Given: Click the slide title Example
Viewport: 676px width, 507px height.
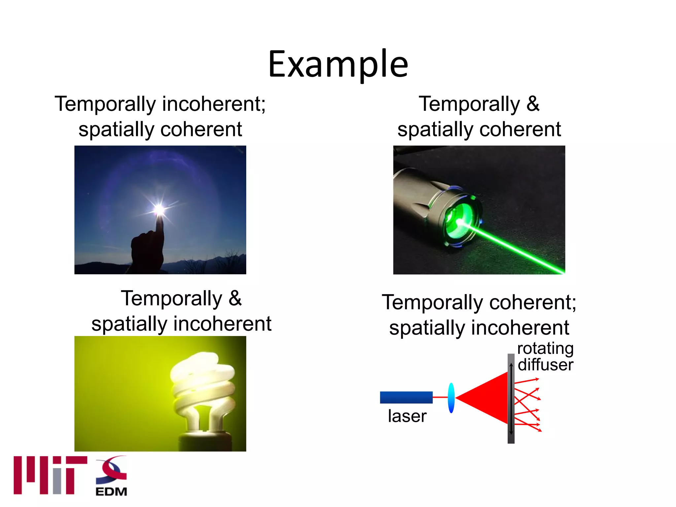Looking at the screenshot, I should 338,64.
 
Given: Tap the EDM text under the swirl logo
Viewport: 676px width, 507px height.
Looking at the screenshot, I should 111,491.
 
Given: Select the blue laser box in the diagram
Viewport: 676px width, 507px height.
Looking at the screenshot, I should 406,397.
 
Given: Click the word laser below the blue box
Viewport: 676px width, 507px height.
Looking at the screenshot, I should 407,416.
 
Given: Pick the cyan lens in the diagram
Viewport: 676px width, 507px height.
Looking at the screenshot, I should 451,398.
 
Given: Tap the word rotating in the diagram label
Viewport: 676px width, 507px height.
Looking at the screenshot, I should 545,349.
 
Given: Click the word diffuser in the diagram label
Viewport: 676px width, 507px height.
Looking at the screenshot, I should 545,365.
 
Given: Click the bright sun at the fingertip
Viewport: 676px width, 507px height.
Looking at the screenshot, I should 159,209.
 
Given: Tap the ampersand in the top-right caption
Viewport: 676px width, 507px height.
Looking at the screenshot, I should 533,104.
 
